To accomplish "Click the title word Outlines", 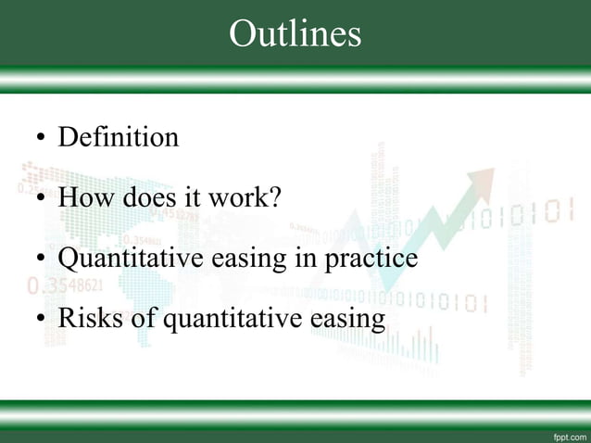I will click(295, 33).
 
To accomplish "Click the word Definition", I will click(118, 138).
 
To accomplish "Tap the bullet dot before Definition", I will click(40, 141).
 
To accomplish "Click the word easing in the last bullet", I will click(347, 320).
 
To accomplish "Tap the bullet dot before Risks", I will click(40, 321).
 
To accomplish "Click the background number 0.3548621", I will click(65, 284).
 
